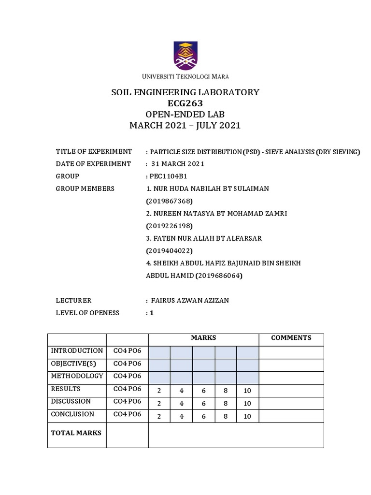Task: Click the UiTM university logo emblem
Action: click(185, 56)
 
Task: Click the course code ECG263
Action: click(185, 103)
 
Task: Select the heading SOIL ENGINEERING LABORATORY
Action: click(185, 92)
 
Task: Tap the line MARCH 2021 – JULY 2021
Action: click(185, 126)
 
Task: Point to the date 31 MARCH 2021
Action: click(177, 164)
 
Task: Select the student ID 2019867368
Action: click(169, 200)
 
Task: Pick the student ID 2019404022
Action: click(169, 250)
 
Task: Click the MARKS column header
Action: click(203, 338)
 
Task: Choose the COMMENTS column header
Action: click(291, 338)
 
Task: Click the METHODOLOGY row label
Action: click(77, 376)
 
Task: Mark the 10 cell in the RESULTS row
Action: click(247, 391)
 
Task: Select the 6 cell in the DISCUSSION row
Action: click(203, 403)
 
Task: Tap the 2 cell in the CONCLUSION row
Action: click(159, 416)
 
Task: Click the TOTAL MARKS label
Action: click(76, 433)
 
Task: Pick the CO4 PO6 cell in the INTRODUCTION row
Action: click(127, 350)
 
